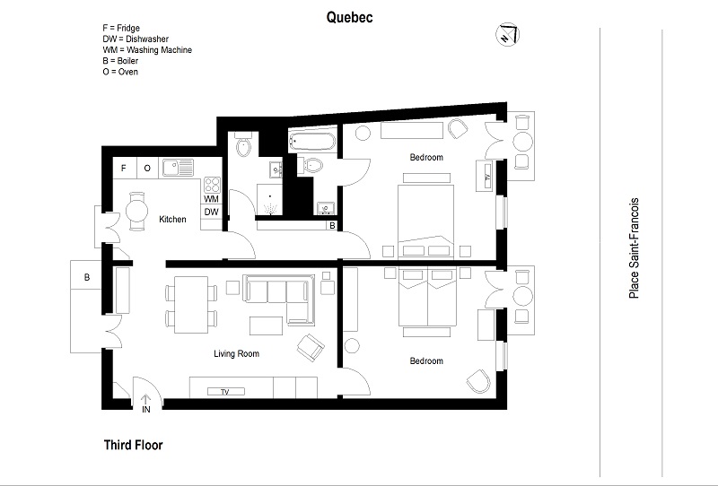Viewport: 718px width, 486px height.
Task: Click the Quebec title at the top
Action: point(350,17)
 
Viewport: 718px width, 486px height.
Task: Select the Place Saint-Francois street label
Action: point(635,247)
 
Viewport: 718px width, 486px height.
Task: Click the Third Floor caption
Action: point(133,444)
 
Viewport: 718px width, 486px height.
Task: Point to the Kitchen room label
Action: point(172,220)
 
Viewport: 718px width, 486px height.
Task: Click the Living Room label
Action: point(236,354)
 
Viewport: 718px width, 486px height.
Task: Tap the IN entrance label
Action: point(145,409)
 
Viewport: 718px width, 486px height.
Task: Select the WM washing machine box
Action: point(211,199)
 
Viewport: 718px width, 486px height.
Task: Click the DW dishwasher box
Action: point(211,213)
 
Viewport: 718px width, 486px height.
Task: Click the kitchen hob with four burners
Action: point(212,185)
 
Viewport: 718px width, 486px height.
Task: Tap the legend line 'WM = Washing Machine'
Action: point(147,50)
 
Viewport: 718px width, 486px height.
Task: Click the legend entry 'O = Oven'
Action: point(121,72)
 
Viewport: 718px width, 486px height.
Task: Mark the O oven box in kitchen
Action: point(146,168)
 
